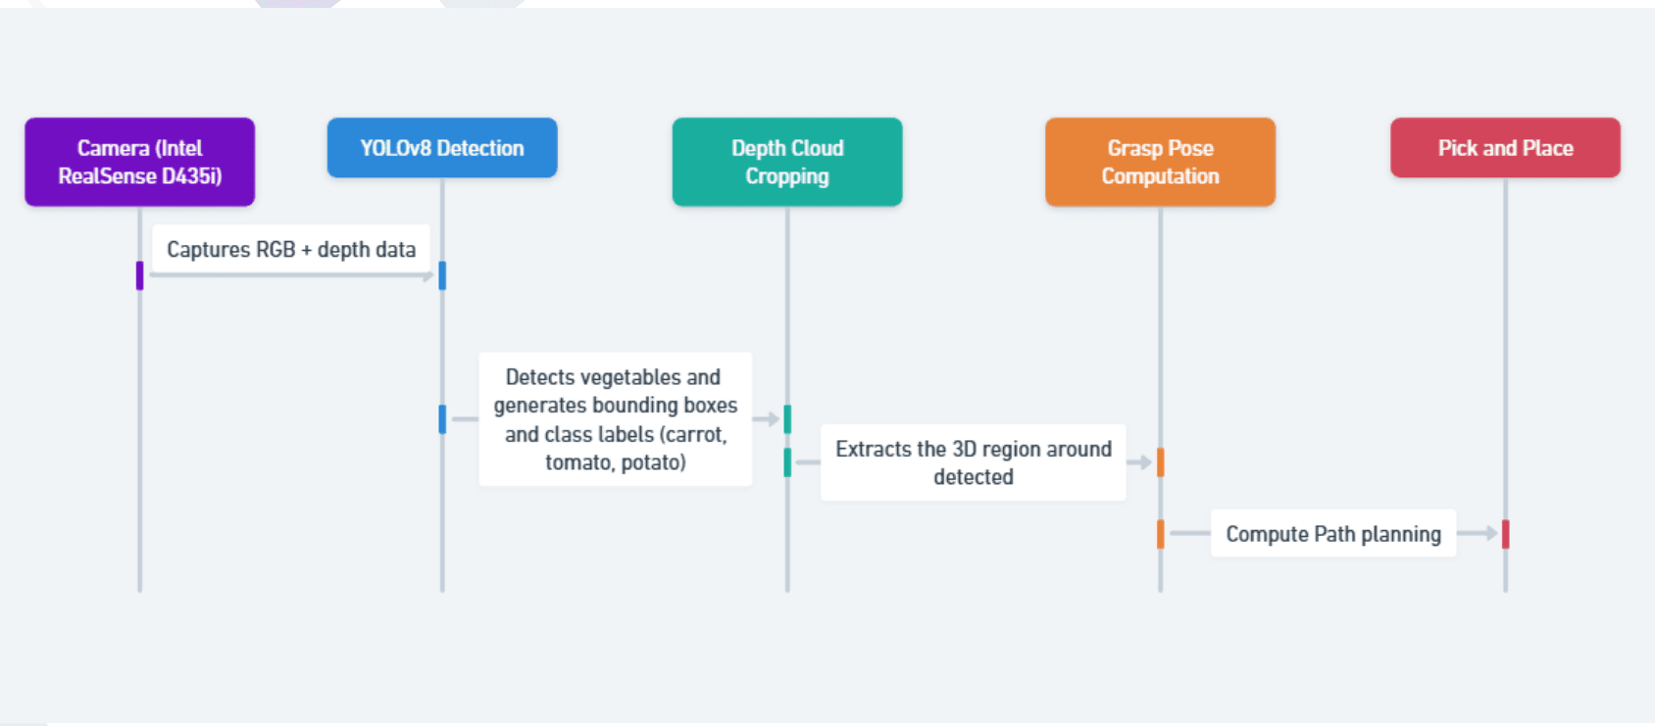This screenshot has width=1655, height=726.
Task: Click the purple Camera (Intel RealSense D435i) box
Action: point(139,162)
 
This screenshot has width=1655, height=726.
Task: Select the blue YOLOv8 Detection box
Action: point(442,148)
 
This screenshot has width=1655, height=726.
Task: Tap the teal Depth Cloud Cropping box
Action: point(787,162)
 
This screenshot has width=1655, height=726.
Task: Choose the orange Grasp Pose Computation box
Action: point(1160,162)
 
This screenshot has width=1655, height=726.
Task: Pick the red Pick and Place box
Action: point(1505,148)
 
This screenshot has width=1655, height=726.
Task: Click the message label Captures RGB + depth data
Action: point(291,250)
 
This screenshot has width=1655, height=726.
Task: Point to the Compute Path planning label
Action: point(1333,534)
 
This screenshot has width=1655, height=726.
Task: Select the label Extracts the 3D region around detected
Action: point(974,462)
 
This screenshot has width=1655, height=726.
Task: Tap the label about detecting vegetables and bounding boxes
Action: point(616,419)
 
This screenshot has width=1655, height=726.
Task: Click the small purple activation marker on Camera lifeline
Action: point(139,275)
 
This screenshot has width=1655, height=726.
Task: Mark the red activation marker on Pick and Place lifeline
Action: point(1505,534)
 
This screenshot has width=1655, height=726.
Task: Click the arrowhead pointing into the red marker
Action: point(1491,534)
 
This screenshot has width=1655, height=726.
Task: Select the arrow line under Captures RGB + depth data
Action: point(291,276)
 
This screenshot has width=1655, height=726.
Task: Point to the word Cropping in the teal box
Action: point(787,176)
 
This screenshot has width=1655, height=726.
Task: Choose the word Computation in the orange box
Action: point(1160,176)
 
